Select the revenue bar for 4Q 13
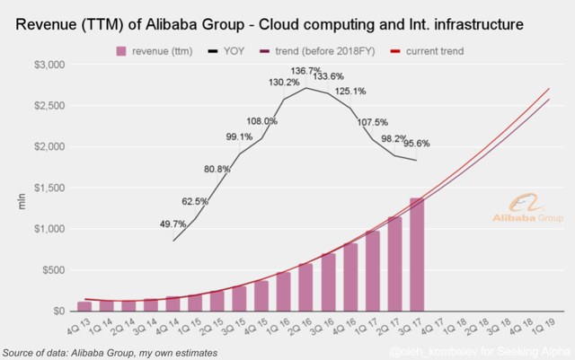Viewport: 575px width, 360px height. (110, 306)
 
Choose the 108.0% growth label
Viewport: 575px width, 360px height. (262, 121)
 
